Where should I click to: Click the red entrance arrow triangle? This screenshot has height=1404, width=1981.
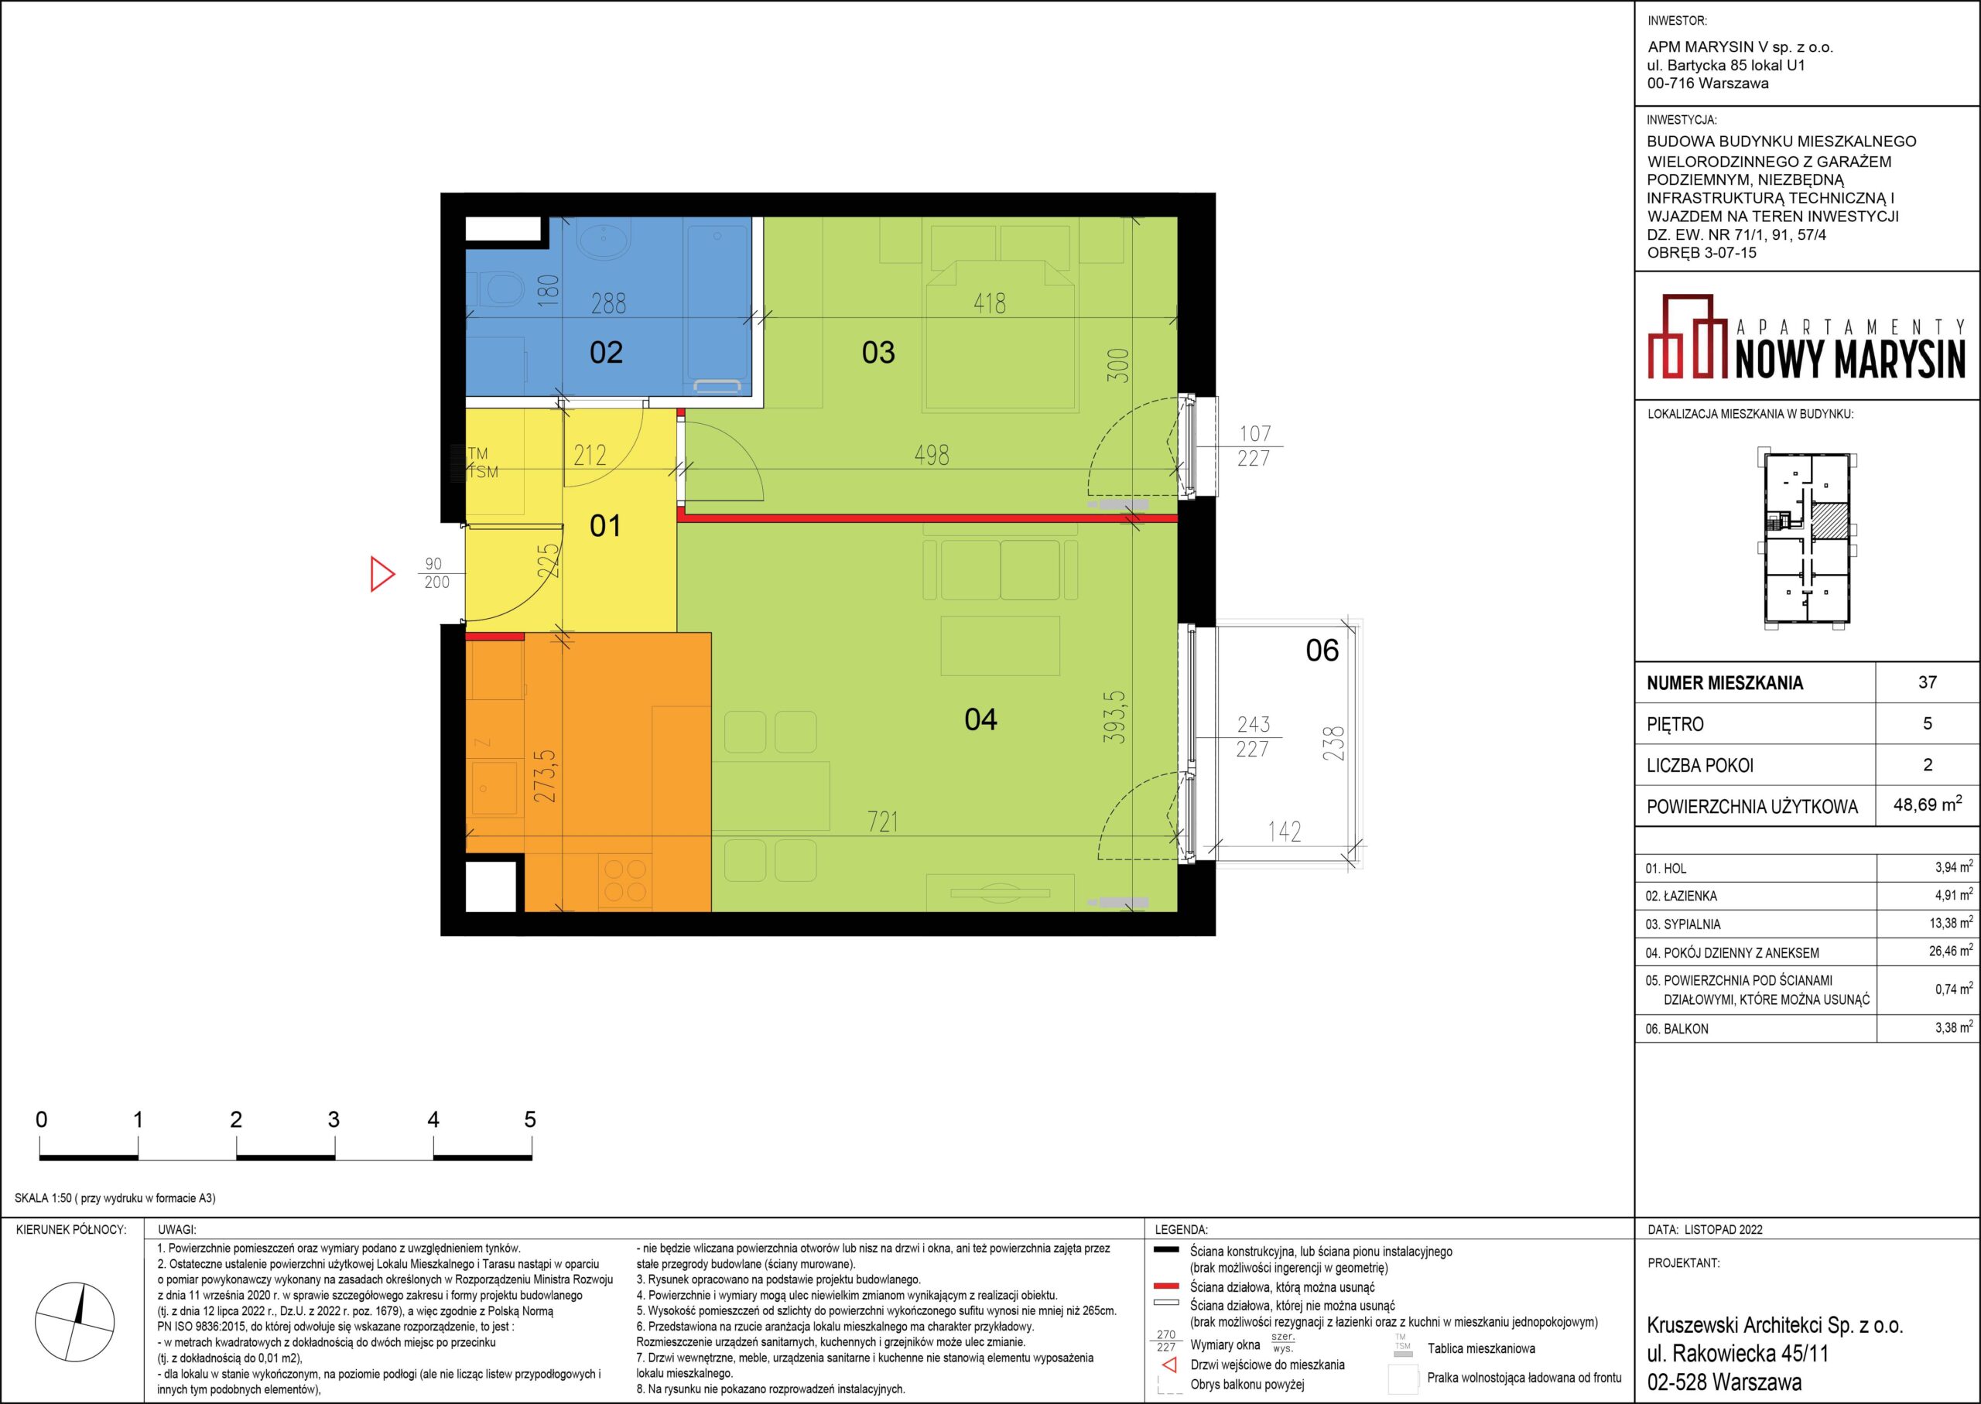pos(381,574)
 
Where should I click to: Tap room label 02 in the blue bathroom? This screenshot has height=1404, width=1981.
pos(606,353)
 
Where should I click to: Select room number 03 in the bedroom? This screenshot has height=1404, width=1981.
pos(878,353)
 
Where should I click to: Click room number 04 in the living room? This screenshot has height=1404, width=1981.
pos(980,719)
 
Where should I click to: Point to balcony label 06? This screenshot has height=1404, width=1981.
pos(1322,650)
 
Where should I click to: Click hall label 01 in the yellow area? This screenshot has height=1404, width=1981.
pos(605,526)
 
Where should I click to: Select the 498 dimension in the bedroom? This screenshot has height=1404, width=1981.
pos(931,455)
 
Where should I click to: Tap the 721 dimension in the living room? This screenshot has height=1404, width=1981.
pos(883,822)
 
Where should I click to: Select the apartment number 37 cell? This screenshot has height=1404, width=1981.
pos(1928,682)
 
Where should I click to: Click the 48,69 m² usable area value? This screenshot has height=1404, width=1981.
pos(1928,804)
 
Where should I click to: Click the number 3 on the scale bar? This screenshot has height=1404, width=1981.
pos(334,1119)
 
